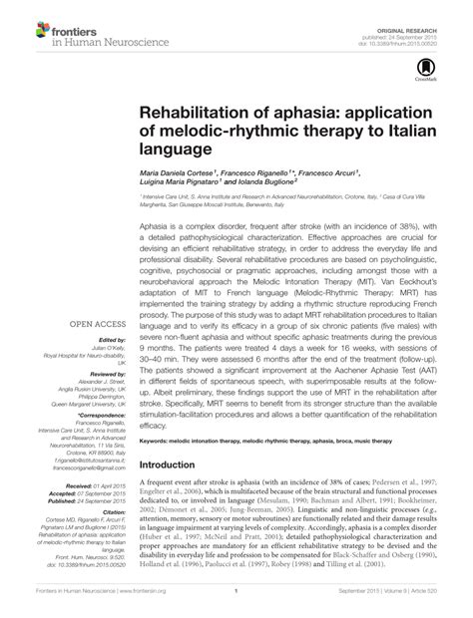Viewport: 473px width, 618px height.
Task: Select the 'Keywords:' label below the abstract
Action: [x=157, y=438]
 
